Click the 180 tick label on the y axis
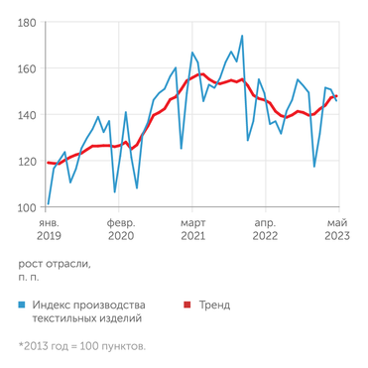pyautogui.click(x=27, y=22)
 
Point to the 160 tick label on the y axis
pyautogui.click(x=27, y=68)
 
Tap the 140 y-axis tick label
pyautogui.click(x=27, y=115)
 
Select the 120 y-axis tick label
pyautogui.click(x=27, y=161)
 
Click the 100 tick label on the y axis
pyautogui.click(x=27, y=207)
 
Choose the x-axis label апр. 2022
pyautogui.click(x=265, y=231)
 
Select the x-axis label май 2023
pyautogui.click(x=336, y=231)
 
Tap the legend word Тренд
pyautogui.click(x=214, y=305)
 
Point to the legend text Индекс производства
pyautogui.click(x=89, y=305)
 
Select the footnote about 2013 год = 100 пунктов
pyautogui.click(x=81, y=346)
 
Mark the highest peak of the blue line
pyautogui.click(x=242, y=37)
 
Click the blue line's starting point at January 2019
pyautogui.click(x=48, y=204)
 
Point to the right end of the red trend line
pyautogui.click(x=337, y=96)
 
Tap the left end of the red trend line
pyautogui.click(x=48, y=162)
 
